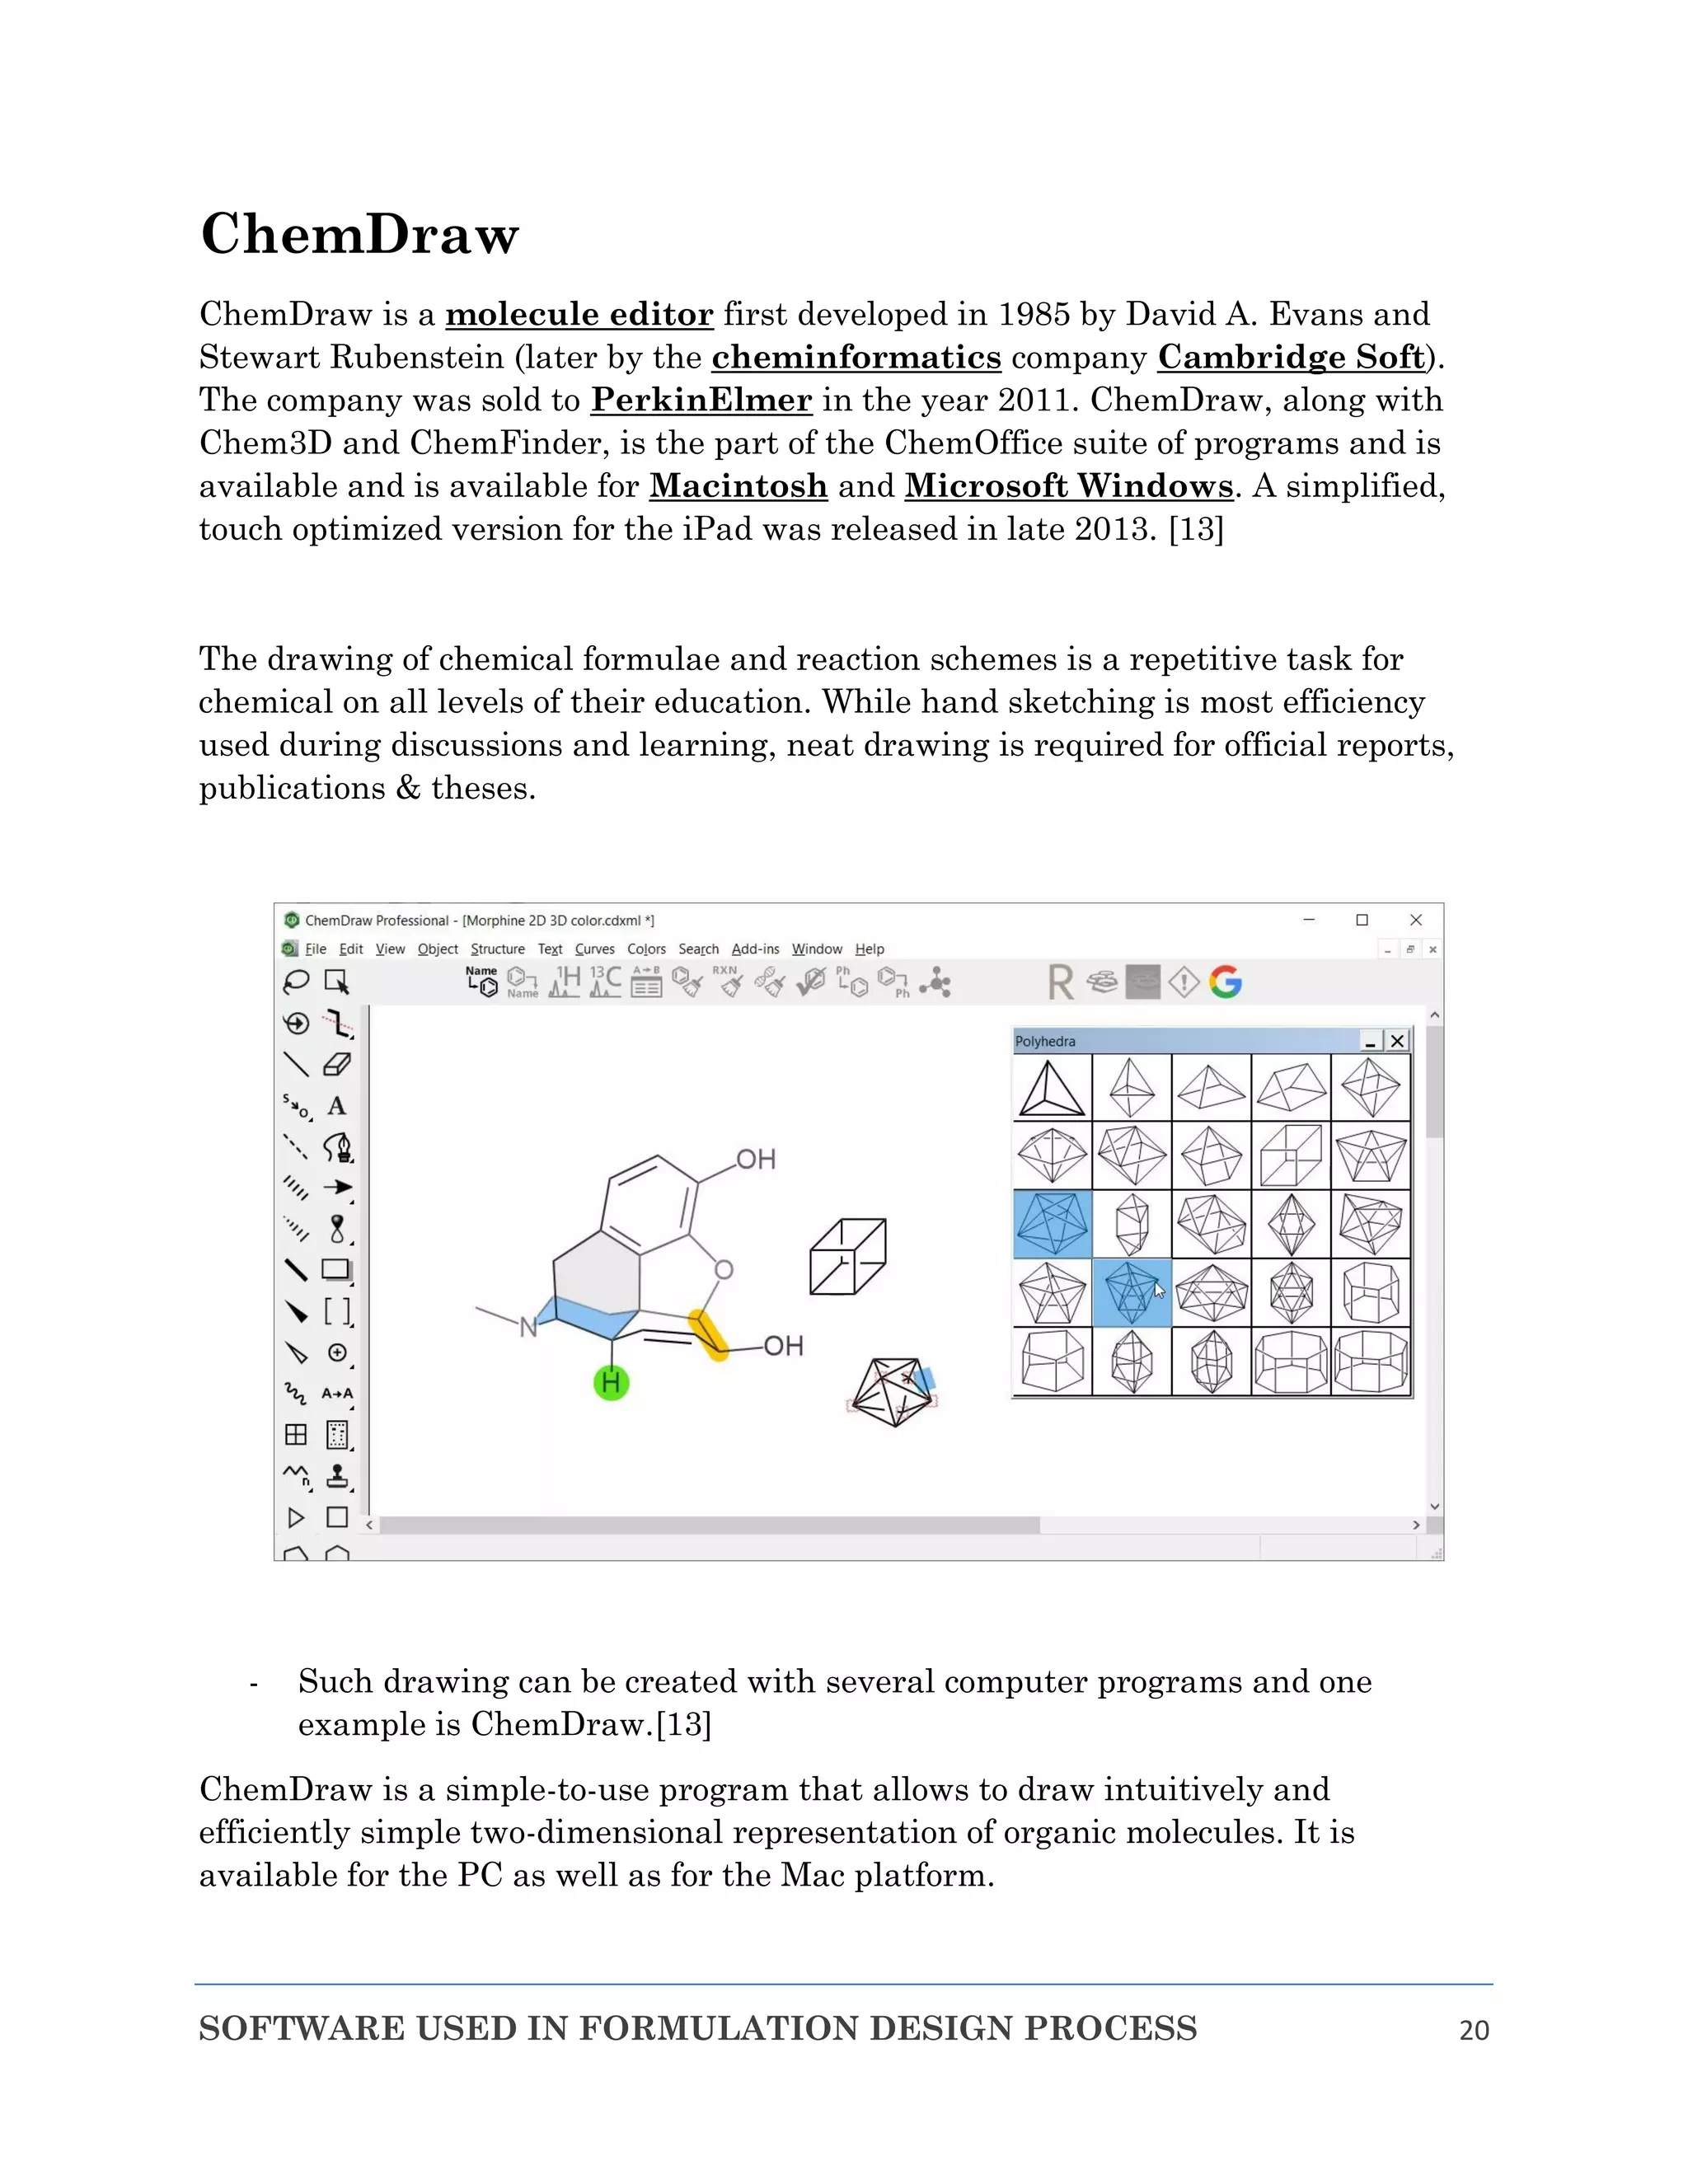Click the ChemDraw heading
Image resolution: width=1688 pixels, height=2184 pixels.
coord(359,235)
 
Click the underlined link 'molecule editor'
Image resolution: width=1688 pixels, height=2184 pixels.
coord(579,315)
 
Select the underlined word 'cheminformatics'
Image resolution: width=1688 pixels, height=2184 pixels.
coord(856,358)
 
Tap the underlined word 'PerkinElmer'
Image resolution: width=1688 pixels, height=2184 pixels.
coord(701,401)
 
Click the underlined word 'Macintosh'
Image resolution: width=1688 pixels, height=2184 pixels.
coord(738,487)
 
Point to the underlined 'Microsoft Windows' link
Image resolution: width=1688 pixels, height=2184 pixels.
coord(1068,487)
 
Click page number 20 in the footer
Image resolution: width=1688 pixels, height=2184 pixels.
coord(1473,2030)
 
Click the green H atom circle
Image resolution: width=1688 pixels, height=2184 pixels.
coord(611,1383)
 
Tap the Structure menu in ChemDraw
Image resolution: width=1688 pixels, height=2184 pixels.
coord(497,949)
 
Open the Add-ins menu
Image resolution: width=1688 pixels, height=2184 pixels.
coord(755,949)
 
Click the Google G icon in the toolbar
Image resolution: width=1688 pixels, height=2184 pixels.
coord(1225,982)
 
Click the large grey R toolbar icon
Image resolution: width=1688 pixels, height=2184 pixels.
coord(1061,982)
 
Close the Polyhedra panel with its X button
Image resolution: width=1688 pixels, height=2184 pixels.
coord(1397,1041)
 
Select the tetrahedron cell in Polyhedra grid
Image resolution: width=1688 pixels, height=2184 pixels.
coord(1051,1088)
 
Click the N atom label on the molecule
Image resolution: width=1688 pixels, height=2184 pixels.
coord(528,1327)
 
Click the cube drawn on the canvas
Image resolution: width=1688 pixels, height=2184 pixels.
coord(847,1256)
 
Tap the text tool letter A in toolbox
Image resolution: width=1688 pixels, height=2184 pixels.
coord(337,1106)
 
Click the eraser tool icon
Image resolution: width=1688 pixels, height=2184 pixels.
coord(337,1064)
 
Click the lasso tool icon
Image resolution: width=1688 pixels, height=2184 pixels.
coord(296,982)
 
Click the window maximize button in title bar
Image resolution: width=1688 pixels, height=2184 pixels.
coord(1361,920)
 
